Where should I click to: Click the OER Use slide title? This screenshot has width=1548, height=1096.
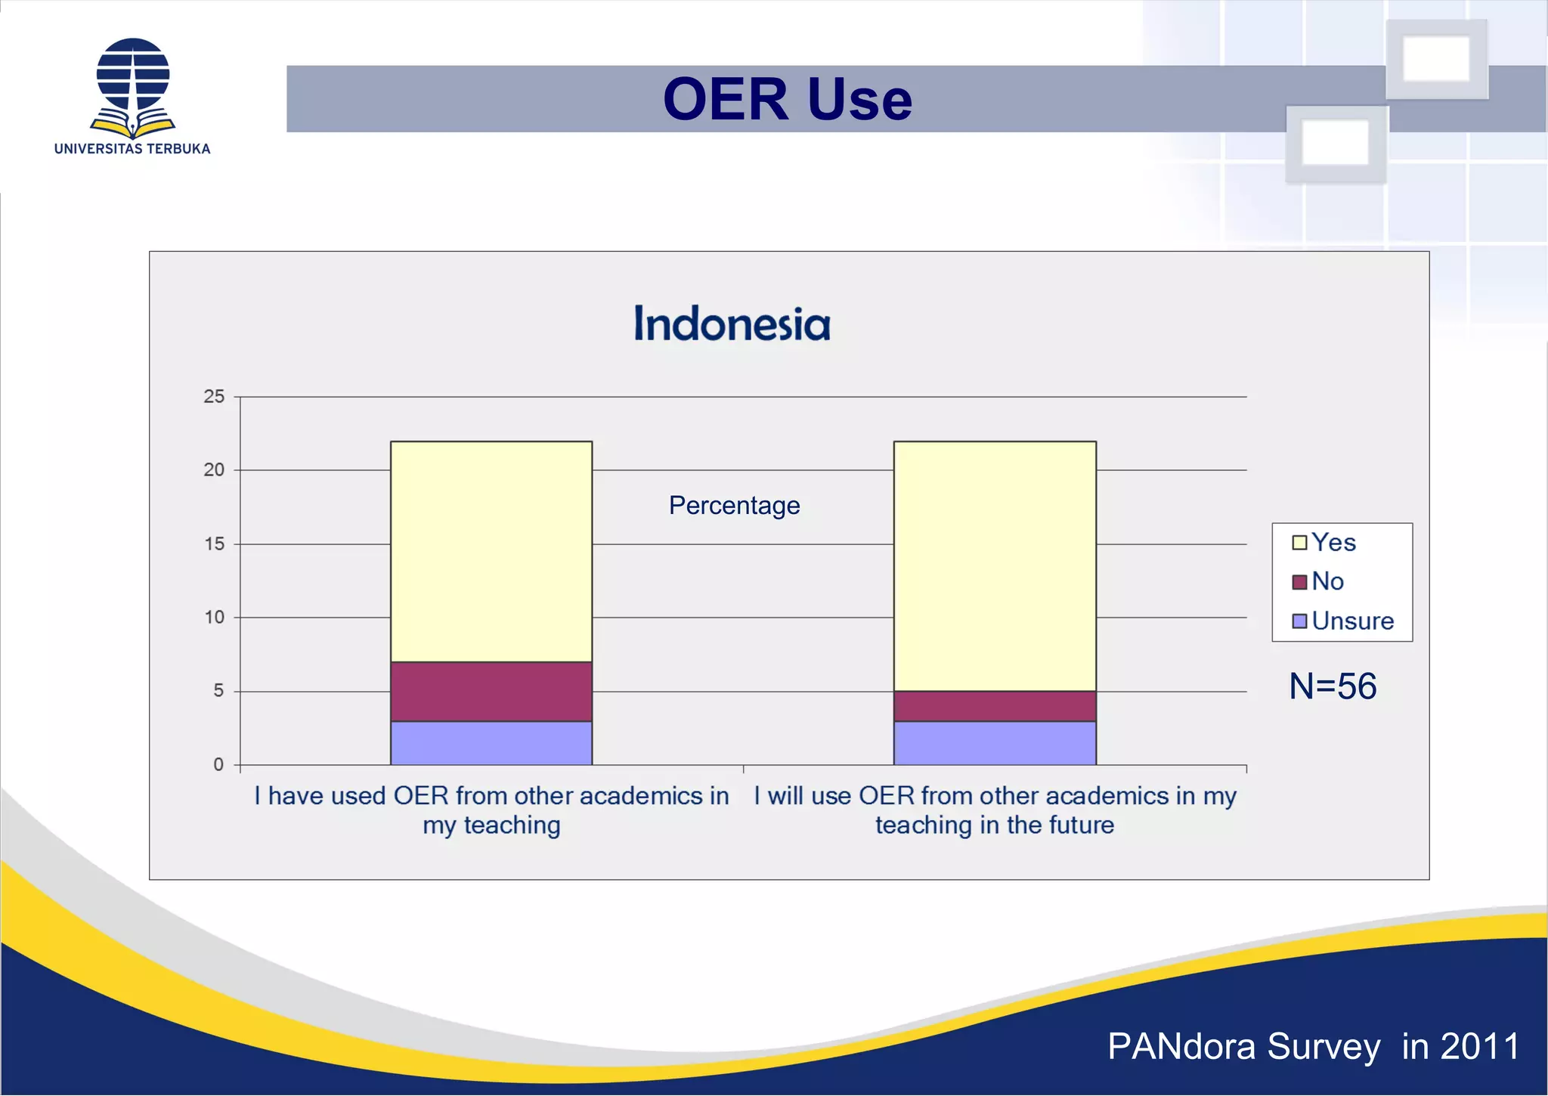(x=787, y=99)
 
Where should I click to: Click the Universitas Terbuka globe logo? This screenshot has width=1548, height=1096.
(x=133, y=85)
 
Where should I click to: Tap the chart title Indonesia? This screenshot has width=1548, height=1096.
(x=732, y=324)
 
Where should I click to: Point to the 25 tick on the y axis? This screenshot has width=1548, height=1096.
(x=214, y=397)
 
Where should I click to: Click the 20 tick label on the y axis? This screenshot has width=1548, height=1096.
(x=214, y=470)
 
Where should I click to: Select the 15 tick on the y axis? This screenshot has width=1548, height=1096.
(x=214, y=544)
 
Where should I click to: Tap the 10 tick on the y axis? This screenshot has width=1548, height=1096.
(x=214, y=618)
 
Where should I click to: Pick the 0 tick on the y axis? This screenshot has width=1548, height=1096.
(x=218, y=765)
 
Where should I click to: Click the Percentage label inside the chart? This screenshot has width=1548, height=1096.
(x=734, y=505)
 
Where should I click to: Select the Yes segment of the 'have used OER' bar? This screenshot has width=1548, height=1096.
(x=491, y=552)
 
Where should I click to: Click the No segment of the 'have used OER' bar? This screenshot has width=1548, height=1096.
(x=491, y=692)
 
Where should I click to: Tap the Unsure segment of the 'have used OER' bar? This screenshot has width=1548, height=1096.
(x=491, y=743)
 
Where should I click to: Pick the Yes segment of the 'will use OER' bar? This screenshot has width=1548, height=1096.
(x=995, y=567)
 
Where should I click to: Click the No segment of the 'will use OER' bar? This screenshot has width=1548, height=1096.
(x=995, y=706)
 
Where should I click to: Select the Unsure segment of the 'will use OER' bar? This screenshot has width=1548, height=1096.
(x=995, y=743)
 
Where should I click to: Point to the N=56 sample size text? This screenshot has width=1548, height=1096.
(x=1333, y=686)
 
